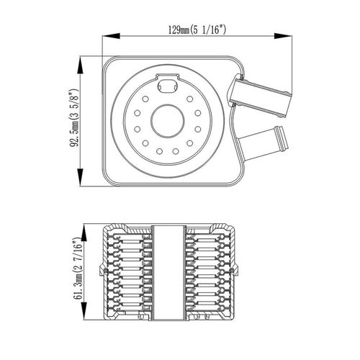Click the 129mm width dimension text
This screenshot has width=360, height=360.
(197, 30)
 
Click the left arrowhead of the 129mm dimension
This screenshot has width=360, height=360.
(111, 36)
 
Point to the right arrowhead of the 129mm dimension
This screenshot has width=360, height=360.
(283, 36)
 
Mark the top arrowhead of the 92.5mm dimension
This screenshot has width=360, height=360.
(80, 65)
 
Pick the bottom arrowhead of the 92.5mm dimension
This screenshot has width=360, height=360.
(80, 177)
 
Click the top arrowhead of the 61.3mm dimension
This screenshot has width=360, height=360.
(84, 233)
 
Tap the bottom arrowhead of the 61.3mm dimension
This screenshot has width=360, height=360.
(84, 311)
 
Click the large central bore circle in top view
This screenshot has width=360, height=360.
(168, 104)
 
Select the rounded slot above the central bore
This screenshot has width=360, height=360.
(168, 84)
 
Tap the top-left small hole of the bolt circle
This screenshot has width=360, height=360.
(145, 99)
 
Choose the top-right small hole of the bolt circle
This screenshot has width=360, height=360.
(189, 99)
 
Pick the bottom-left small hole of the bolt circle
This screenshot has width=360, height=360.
(145, 143)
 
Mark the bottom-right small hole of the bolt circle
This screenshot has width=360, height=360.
(189, 143)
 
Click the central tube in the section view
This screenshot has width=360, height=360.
(168, 272)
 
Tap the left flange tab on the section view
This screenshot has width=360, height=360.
(102, 271)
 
